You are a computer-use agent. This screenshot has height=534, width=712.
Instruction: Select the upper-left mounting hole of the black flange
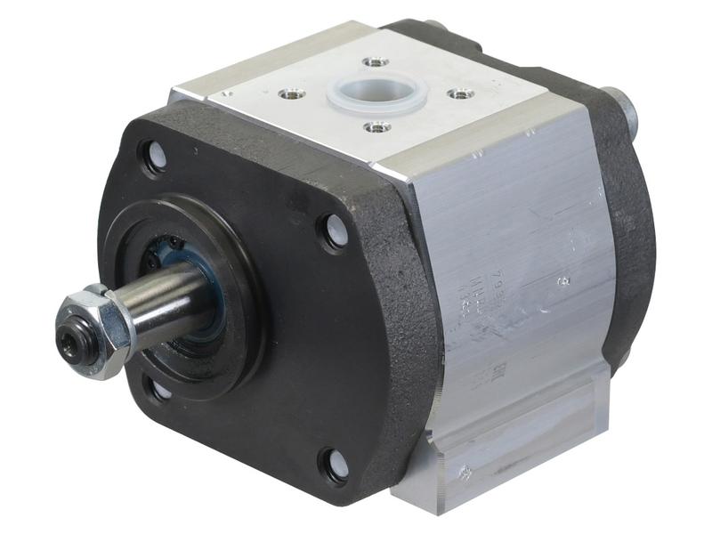point(153,158)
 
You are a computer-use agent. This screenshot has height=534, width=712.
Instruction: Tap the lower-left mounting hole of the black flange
point(158,388)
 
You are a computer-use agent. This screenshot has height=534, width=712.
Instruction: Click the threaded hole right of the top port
point(457,93)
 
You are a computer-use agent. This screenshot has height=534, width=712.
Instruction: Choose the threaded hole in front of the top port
point(377,127)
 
